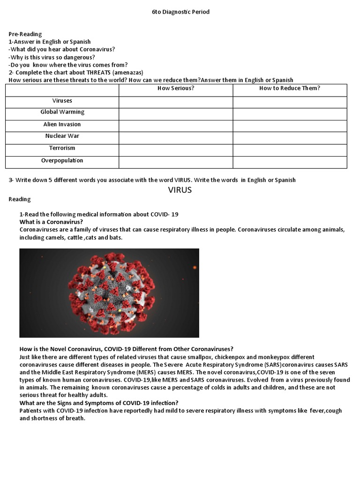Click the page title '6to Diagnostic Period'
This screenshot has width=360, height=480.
(180, 12)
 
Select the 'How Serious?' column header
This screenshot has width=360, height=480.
(176, 89)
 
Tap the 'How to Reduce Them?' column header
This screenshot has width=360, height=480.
(290, 89)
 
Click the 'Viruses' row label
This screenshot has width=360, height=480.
(62, 101)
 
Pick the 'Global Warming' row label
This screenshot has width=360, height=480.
(62, 112)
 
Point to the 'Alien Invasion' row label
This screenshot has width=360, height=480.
(62, 124)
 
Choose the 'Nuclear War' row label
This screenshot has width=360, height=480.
(62, 136)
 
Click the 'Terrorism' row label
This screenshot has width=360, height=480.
(62, 148)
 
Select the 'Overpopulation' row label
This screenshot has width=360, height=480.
(62, 160)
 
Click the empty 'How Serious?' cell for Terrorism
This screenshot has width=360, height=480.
(176, 150)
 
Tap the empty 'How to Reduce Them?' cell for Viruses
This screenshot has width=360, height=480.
(290, 102)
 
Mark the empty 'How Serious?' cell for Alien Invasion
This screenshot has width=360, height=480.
(176, 126)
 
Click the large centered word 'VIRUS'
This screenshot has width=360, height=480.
(180, 190)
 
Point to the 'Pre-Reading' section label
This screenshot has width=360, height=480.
(25, 34)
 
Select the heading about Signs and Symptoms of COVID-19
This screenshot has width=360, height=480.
(98, 403)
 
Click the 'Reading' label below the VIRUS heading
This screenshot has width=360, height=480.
(20, 199)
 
